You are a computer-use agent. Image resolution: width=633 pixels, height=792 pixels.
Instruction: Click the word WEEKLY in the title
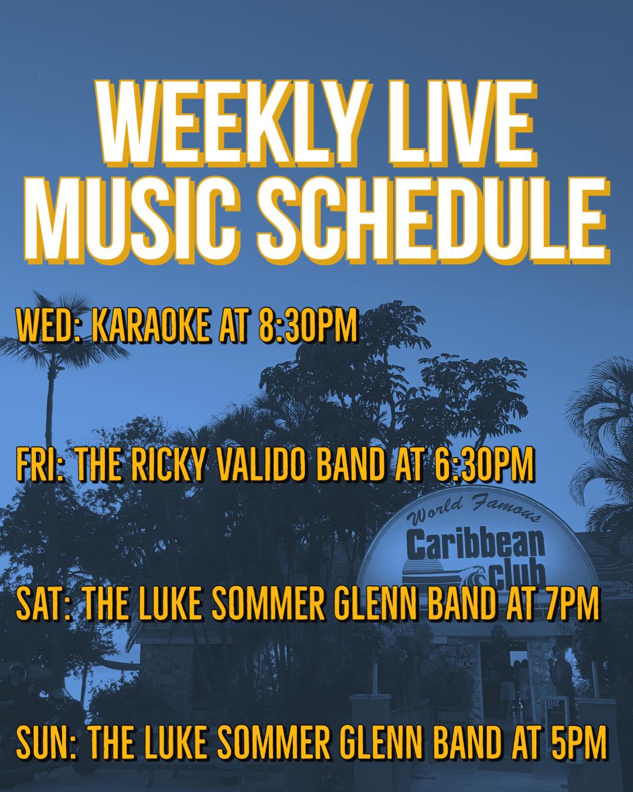click(x=227, y=122)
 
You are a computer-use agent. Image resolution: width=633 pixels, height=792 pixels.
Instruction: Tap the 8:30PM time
click(x=308, y=326)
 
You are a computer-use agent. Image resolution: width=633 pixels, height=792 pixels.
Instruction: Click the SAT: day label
click(x=43, y=603)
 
